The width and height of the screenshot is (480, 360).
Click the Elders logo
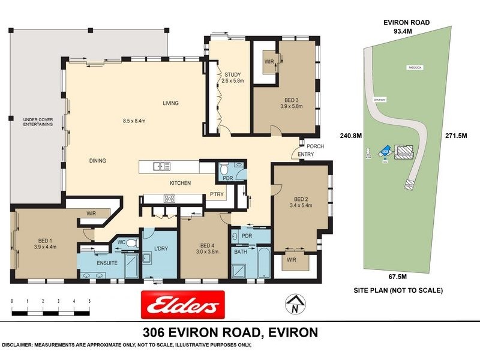pos(182,305)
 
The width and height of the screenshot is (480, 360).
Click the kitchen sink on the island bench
pos(161,166)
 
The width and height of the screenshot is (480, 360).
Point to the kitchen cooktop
pos(169,199)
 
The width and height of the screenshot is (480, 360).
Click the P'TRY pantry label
pos(216,193)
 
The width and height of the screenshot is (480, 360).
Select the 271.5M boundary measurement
pos(457,136)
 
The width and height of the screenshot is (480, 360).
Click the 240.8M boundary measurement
pos(350,136)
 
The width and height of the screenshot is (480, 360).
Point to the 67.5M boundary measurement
pos(397,277)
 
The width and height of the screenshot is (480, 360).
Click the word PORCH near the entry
pos(316,146)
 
